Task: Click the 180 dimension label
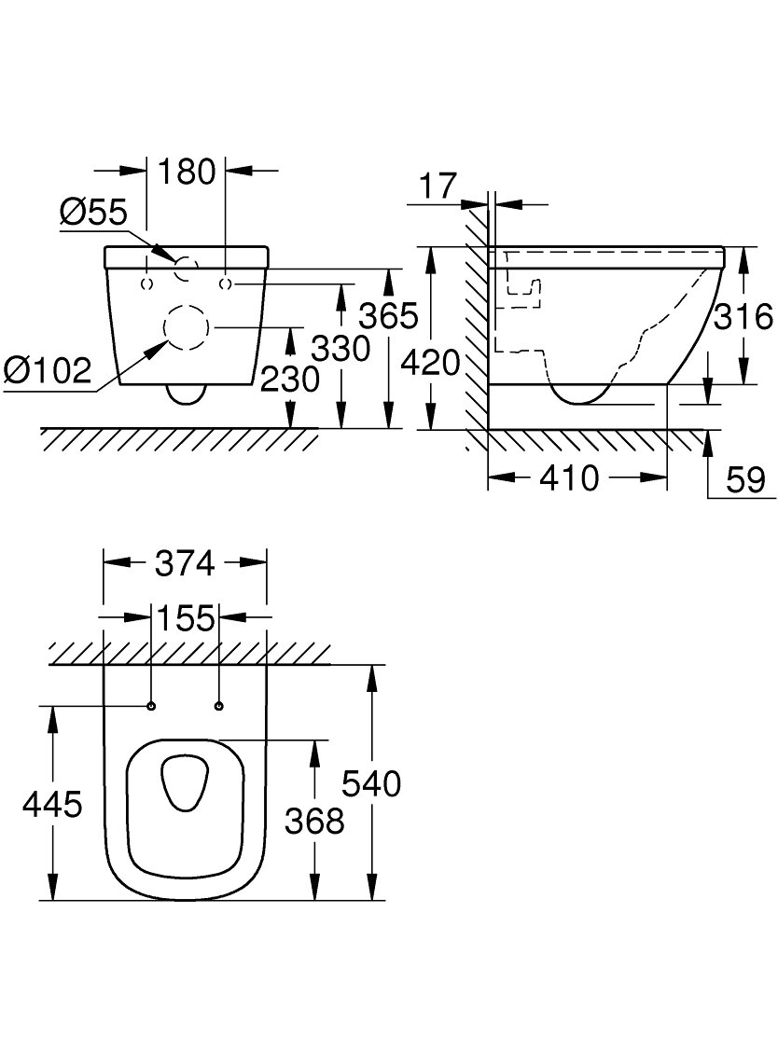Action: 187,172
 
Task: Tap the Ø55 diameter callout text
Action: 92,213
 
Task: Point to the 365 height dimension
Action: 388,315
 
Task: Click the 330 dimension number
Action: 340,349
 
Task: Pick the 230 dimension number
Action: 290,379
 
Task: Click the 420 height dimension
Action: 431,363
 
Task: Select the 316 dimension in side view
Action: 743,317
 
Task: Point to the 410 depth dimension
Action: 570,477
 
